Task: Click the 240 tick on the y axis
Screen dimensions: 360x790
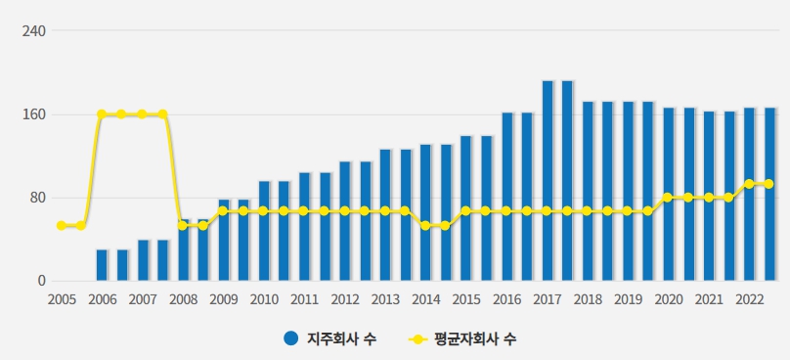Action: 35,30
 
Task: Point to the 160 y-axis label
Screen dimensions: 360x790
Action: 35,114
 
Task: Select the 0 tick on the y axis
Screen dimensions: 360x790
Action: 42,282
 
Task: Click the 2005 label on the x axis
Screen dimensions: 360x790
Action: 62,299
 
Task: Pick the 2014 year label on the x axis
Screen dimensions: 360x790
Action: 425,299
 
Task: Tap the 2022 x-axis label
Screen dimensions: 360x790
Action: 749,299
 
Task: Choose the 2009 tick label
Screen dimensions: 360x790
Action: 223,299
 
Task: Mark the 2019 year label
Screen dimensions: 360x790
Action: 628,299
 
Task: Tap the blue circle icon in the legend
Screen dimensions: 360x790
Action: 290,339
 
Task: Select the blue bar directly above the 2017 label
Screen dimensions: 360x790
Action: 548,181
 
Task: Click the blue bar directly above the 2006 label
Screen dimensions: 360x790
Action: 102,265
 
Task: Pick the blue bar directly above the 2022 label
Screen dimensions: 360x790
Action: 749,195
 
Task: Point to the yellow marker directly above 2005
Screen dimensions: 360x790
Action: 62,226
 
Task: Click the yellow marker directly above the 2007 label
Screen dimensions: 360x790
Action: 143,114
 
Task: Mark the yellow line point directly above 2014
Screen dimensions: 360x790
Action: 425,226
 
